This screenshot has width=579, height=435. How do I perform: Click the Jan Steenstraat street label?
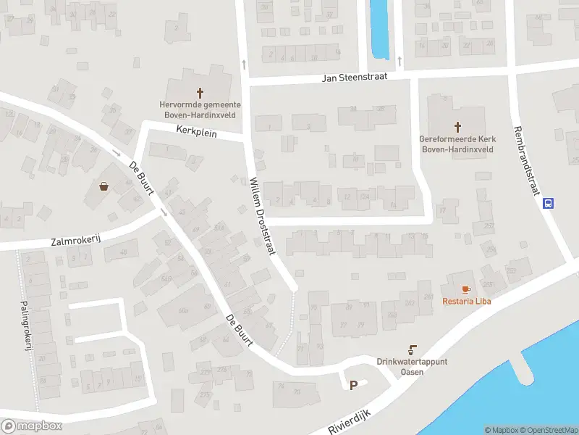click(355, 76)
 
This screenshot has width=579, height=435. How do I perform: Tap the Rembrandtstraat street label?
click(527, 160)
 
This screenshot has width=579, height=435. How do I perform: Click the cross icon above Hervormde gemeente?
click(200, 92)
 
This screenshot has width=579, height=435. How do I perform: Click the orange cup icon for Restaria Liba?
click(466, 289)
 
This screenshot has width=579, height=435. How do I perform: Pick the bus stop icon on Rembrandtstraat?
click(549, 204)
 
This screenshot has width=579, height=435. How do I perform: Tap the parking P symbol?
click(353, 386)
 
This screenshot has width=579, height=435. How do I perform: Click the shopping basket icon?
click(105, 186)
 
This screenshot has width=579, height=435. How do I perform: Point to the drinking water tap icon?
click(413, 349)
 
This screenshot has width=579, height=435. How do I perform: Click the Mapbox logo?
click(31, 426)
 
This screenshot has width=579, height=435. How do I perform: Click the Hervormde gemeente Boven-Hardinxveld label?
click(200, 109)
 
